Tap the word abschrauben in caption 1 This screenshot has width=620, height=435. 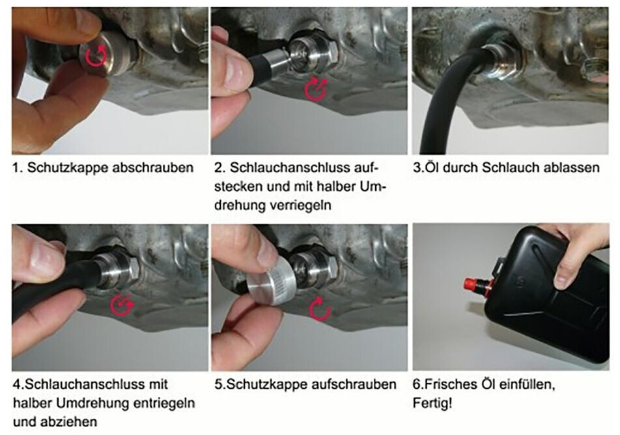(x=153, y=168)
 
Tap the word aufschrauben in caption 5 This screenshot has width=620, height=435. (x=354, y=384)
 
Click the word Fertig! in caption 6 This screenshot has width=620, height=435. (x=432, y=403)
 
